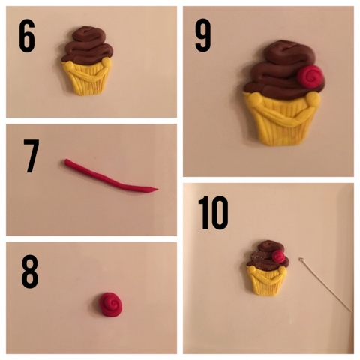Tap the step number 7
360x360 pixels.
pyautogui.click(x=31, y=156)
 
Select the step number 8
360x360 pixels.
pyautogui.click(x=30, y=271)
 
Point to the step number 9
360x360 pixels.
pyautogui.click(x=203, y=35)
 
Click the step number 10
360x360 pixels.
pyautogui.click(x=213, y=213)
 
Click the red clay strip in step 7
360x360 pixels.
pyautogui.click(x=110, y=177)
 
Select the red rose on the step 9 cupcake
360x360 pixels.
pyautogui.click(x=309, y=76)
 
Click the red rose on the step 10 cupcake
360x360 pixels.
pyautogui.click(x=277, y=256)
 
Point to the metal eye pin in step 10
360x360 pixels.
pyautogui.click(x=326, y=285)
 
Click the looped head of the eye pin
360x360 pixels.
pyautogui.click(x=301, y=259)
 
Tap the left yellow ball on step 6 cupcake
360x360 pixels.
pyautogui.click(x=69, y=65)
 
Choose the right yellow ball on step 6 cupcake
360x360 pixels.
pyautogui.click(x=106, y=62)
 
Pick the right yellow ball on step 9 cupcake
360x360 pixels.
pyautogui.click(x=313, y=98)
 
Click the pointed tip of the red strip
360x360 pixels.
pyautogui.click(x=157, y=189)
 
